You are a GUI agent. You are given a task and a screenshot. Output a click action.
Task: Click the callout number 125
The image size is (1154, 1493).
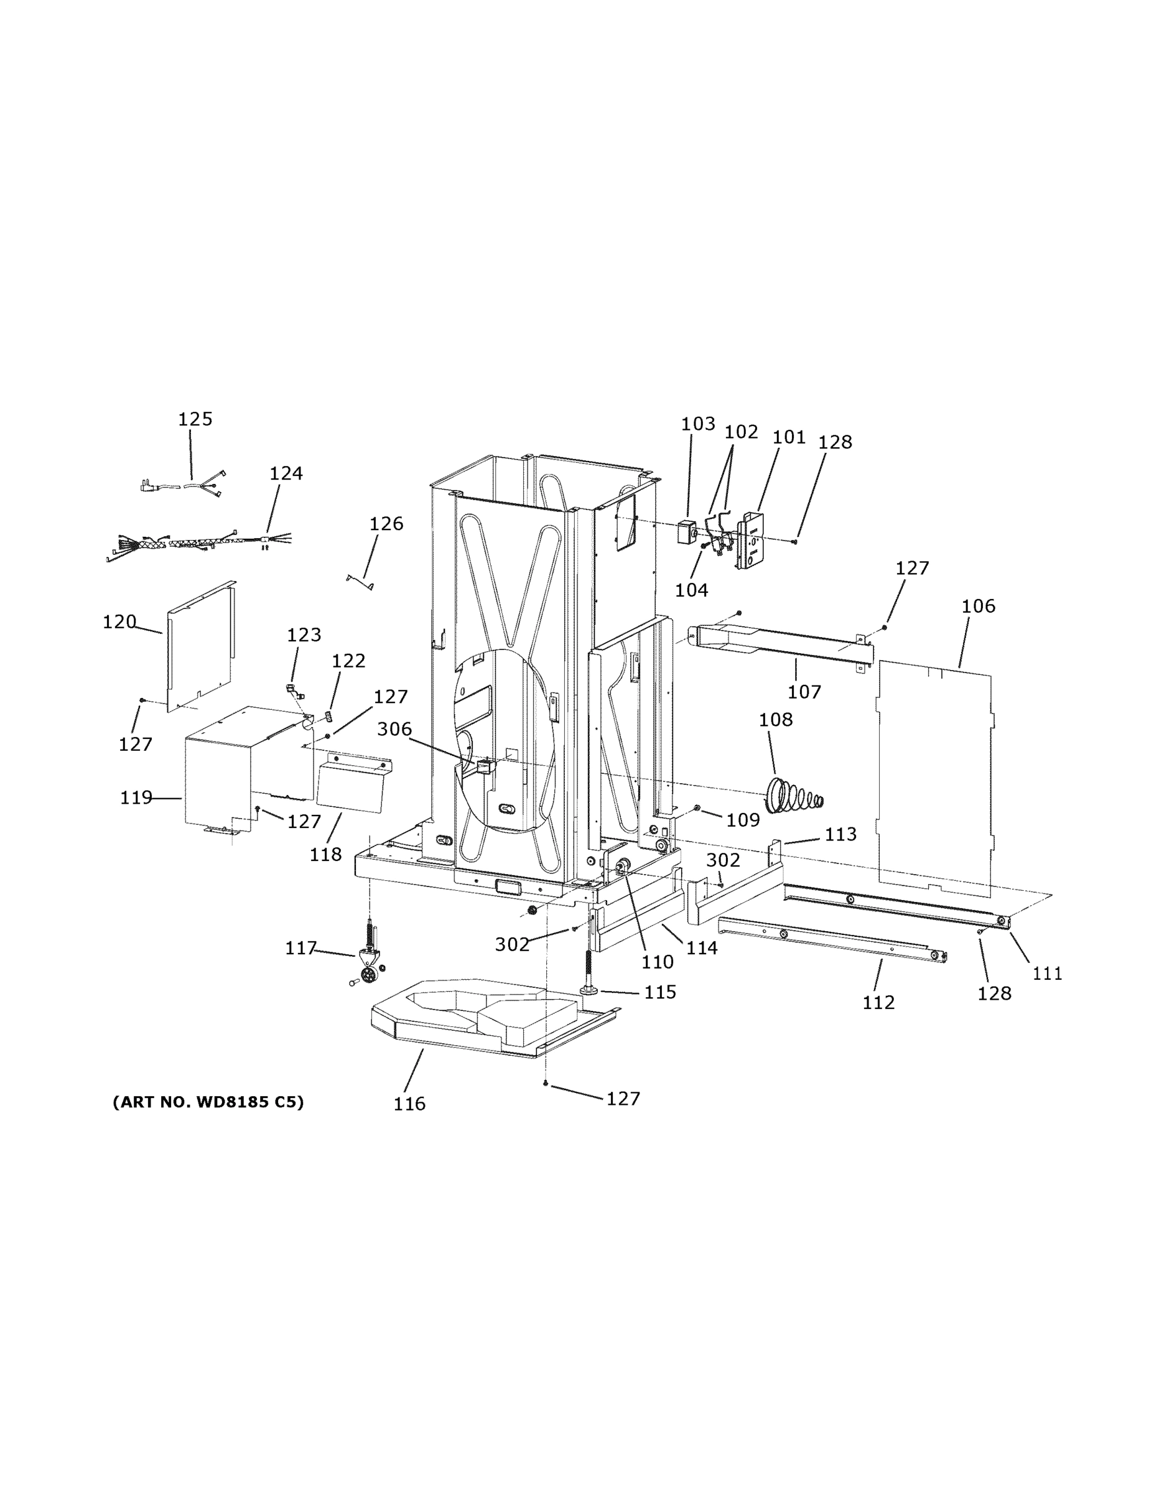pos(195,419)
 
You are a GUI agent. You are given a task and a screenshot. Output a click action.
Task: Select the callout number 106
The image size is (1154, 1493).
pos(979,607)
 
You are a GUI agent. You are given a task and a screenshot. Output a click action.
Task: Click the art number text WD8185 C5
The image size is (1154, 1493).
pos(208,1102)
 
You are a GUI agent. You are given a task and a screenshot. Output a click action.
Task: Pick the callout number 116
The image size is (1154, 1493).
pos(409,1104)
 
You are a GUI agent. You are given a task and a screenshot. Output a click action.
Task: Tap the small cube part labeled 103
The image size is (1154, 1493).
pos(686,532)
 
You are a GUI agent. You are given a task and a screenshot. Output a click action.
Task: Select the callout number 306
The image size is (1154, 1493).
pos(394,730)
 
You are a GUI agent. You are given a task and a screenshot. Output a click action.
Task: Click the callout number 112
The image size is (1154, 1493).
pos(878,1002)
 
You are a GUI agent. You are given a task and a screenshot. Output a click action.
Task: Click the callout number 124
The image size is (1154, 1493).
pos(286,473)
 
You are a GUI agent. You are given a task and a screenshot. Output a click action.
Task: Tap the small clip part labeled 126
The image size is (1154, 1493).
pos(360,582)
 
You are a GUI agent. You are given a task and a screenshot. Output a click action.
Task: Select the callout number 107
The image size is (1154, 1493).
pos(804,692)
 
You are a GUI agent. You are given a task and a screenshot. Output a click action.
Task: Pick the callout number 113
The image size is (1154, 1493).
pos(840,834)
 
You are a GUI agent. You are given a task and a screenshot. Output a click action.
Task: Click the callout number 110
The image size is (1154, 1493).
pos(657,962)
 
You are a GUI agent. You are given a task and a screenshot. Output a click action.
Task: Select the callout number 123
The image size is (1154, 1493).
pos(304,635)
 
